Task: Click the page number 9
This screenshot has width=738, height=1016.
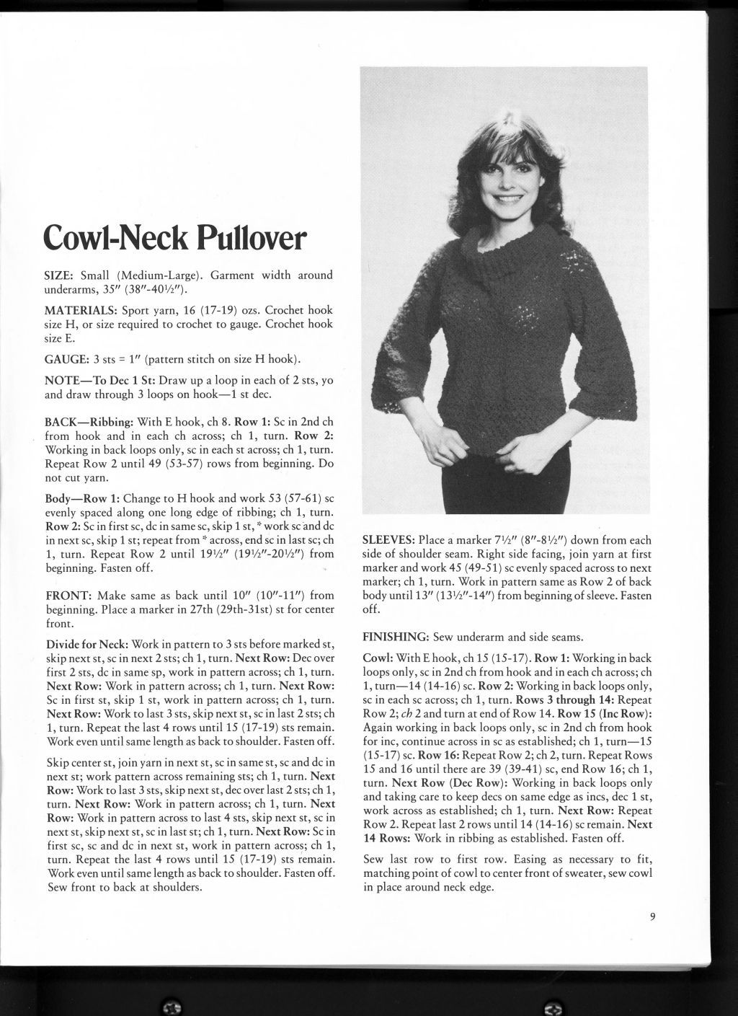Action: tap(652, 917)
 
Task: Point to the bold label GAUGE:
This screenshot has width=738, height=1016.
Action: tap(65, 359)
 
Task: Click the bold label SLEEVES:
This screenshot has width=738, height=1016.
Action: tap(388, 540)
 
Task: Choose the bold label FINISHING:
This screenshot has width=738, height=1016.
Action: tap(396, 637)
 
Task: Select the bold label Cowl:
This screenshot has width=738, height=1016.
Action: tap(378, 658)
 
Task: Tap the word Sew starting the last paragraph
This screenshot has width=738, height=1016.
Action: tap(375, 860)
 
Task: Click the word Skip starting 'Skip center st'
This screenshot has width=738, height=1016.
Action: tap(58, 763)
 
